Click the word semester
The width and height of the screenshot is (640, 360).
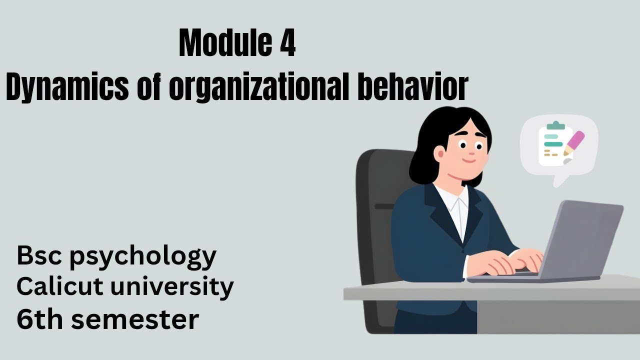(134, 319)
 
